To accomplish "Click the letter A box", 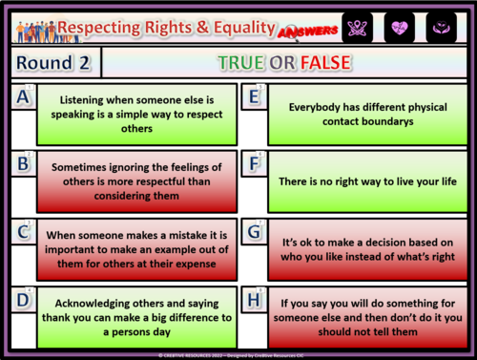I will [x=23, y=99].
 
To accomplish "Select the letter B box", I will [x=23, y=164].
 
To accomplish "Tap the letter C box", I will [x=23, y=233].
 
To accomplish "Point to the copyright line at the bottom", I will [x=238, y=353].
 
